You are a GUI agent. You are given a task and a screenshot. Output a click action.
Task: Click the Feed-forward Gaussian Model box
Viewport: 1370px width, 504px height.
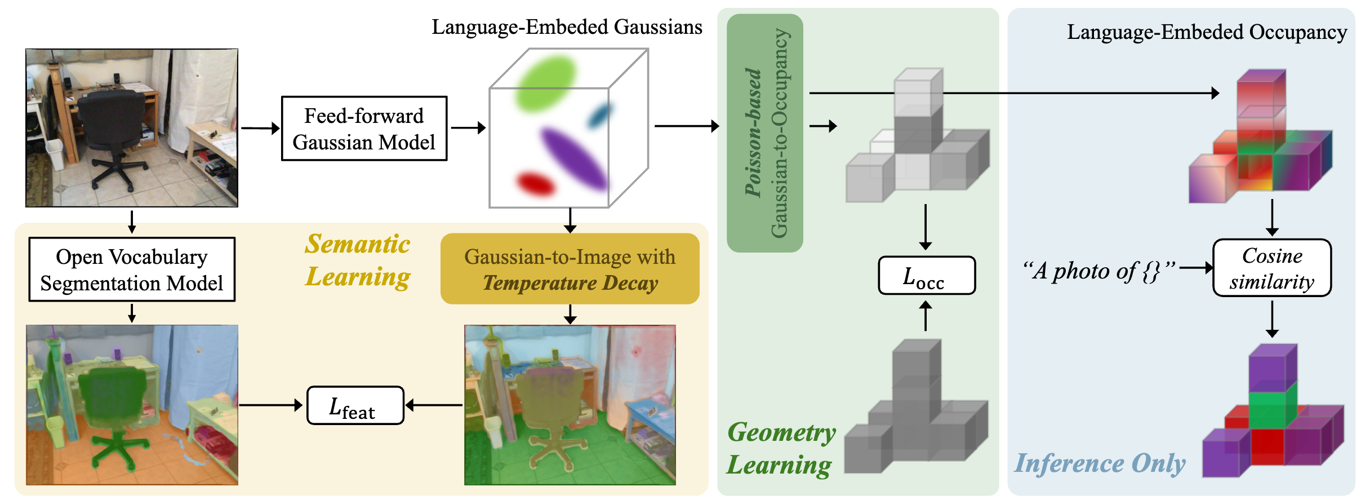(x=364, y=129)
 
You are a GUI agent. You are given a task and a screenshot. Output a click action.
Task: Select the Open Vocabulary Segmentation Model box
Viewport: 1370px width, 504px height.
(x=132, y=269)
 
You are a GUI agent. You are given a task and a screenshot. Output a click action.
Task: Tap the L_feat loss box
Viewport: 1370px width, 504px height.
(x=355, y=405)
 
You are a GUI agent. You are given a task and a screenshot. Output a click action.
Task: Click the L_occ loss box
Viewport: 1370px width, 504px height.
(x=927, y=276)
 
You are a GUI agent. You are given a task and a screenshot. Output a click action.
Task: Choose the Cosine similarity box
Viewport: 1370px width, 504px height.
(x=1272, y=268)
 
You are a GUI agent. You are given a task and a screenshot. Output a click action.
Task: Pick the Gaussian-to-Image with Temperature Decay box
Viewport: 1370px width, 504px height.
(x=570, y=269)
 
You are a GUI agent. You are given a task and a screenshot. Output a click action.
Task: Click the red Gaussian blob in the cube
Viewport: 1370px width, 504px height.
(x=536, y=184)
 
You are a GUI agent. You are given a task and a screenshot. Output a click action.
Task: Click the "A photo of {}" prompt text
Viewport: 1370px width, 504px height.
(x=1099, y=271)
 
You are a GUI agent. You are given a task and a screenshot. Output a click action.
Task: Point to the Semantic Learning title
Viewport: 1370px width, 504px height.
(x=358, y=260)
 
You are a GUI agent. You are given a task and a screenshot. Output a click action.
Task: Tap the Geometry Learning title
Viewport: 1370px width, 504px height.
(x=781, y=449)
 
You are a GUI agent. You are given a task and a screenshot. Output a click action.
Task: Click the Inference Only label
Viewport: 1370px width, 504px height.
(x=1100, y=463)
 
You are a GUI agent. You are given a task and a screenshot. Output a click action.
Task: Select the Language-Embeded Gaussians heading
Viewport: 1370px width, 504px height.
(x=567, y=27)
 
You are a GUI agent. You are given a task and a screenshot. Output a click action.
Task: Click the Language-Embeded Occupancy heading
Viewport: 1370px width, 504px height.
(x=1207, y=32)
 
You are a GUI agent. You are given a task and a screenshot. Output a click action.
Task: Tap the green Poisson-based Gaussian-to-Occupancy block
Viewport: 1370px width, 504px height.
(x=765, y=133)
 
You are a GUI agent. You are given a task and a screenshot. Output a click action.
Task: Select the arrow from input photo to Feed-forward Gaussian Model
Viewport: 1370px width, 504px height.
(x=261, y=129)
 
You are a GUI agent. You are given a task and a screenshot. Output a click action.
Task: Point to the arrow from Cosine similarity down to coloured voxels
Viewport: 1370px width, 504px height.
(x=1272, y=319)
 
